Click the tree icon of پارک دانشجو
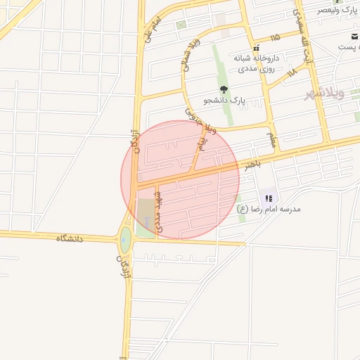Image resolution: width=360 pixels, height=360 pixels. pos(224,89)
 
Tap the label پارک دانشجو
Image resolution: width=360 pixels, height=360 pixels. pos(224,101)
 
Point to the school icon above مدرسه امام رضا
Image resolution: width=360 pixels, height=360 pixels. pos(269,199)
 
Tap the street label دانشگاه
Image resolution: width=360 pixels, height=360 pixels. pos(70,238)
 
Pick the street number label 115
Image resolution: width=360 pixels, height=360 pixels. pos(274,36)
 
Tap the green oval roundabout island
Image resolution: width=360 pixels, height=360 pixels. pos(125,240)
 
